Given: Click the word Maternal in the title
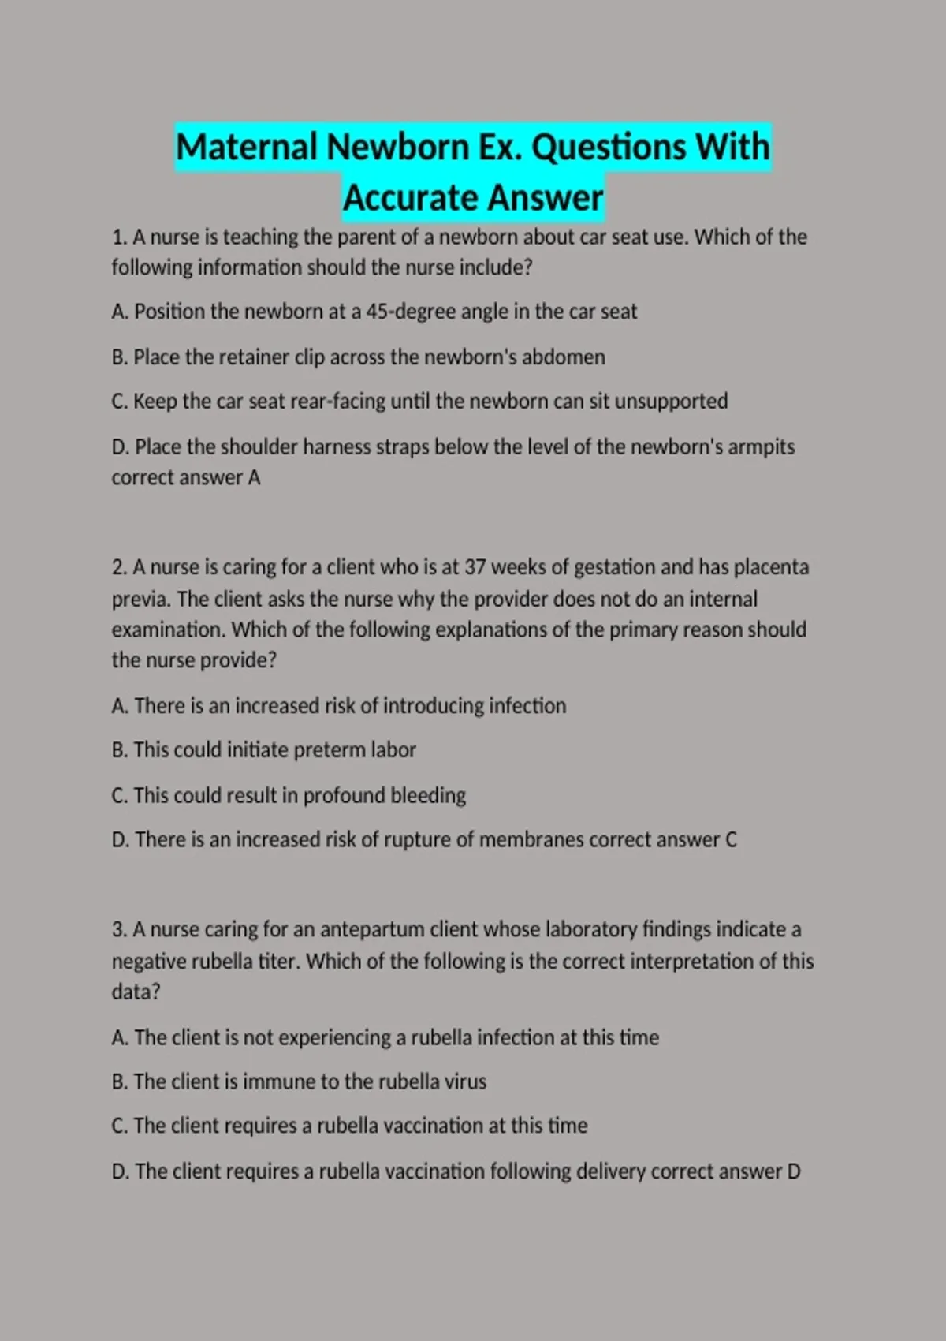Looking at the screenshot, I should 246,148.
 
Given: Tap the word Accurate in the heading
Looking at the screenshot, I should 404,198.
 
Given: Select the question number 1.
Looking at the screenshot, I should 118,237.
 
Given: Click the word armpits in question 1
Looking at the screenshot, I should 761,447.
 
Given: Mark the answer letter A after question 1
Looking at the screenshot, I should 254,478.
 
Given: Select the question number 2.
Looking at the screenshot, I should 118,568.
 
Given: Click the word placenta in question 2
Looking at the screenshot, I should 771,568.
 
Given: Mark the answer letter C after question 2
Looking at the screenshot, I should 731,840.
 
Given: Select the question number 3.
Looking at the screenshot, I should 118,930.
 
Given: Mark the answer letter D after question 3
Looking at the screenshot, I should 793,1171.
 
